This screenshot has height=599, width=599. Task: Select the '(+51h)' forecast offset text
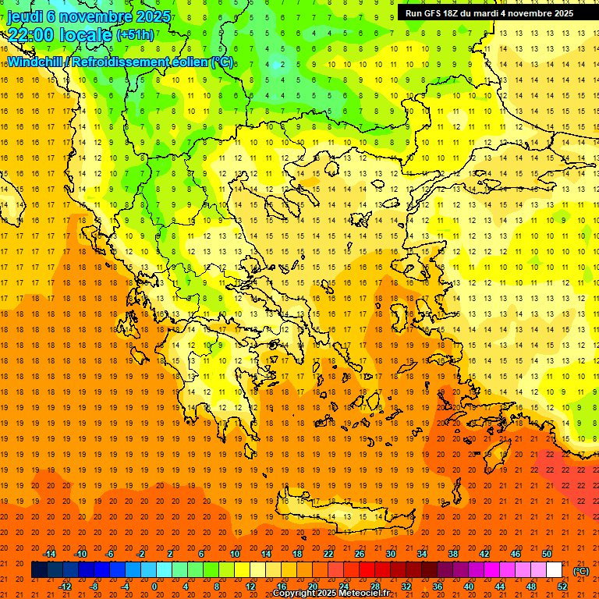[135, 34]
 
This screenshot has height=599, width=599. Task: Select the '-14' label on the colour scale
[51, 554]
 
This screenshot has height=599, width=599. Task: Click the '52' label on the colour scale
[562, 587]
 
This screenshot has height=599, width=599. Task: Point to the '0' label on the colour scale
[154, 587]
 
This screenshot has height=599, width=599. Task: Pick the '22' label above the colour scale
[328, 554]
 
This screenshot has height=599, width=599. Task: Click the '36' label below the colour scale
[438, 587]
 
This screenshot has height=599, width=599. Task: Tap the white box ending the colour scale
[554, 570]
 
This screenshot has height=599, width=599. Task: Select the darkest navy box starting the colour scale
[39, 570]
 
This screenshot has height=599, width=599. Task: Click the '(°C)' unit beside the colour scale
[581, 571]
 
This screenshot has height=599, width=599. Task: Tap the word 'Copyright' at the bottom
[296, 594]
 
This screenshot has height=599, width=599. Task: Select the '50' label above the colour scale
[547, 554]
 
